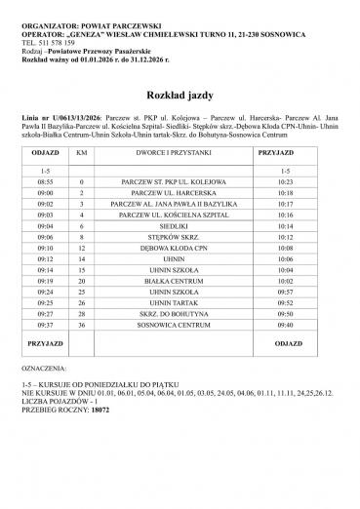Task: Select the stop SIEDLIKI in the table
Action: pyautogui.click(x=167, y=223)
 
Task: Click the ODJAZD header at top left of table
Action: pyautogui.click(x=45, y=154)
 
